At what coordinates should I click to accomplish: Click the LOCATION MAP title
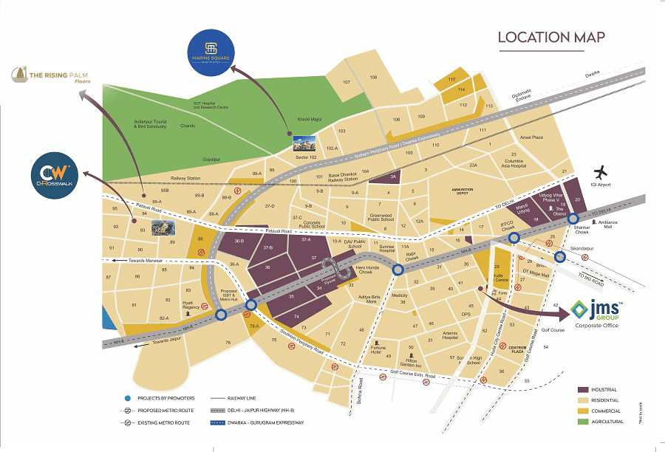point(551,37)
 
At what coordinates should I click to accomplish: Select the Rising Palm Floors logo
point(50,75)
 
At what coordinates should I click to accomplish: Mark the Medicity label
point(400,295)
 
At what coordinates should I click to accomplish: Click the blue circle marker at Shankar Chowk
point(573,218)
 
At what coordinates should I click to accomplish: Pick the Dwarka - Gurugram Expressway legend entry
point(253,422)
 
